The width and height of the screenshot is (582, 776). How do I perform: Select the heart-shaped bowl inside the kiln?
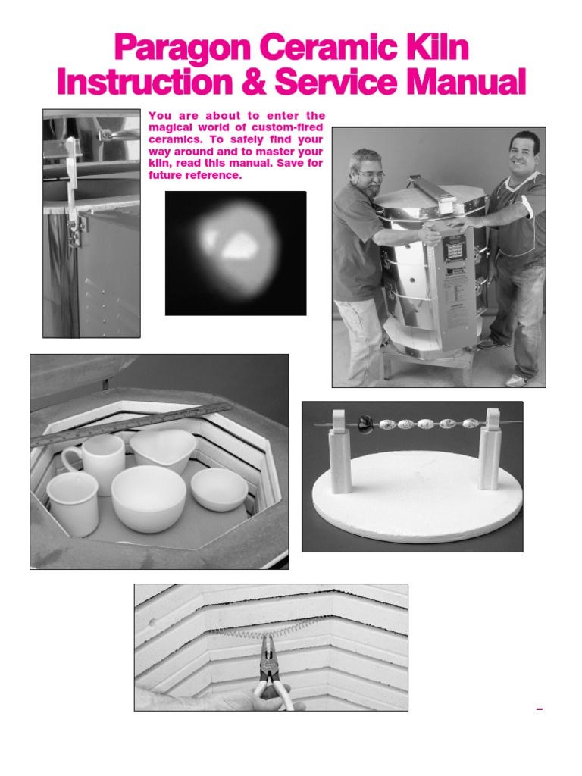coord(162,449)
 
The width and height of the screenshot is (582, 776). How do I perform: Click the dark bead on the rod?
coord(366,425)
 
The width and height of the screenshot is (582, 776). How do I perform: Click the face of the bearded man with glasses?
coord(368,174)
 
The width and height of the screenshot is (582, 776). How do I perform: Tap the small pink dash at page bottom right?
coord(540,709)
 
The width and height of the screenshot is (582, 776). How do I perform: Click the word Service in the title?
coord(344,82)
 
